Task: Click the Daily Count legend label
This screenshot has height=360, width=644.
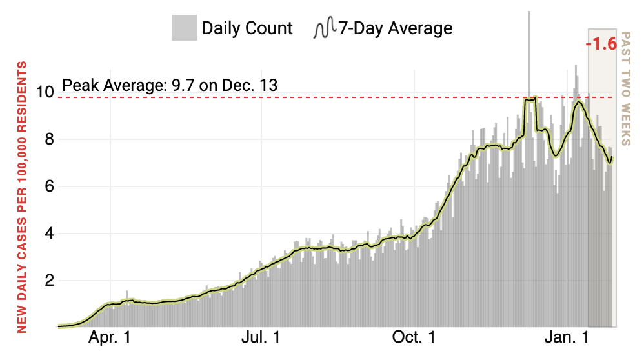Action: pos(247,28)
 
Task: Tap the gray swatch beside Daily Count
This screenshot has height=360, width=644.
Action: pos(184,28)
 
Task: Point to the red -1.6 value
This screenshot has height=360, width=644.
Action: pos(601,45)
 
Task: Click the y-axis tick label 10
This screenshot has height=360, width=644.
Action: pos(43,92)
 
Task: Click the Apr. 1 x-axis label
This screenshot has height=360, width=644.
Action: pos(110,337)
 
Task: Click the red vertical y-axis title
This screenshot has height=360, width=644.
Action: pos(22,197)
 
